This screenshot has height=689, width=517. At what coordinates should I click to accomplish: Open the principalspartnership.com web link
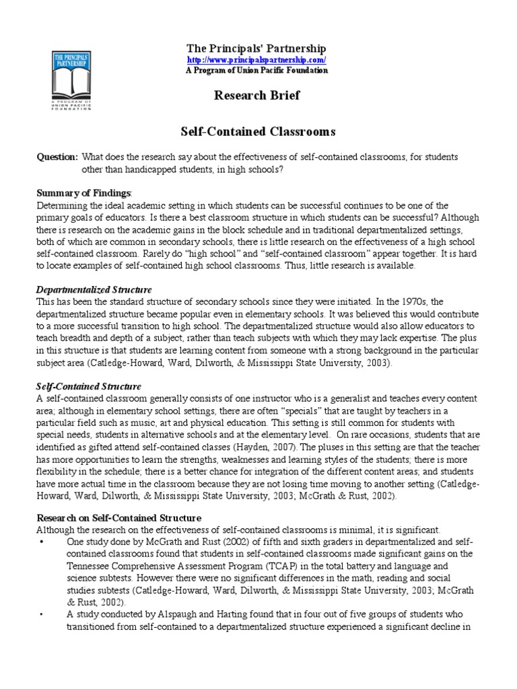click(x=256, y=60)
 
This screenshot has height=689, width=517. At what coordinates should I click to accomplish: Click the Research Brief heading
click(x=256, y=96)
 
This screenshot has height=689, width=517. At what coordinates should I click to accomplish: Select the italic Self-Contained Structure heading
click(x=88, y=386)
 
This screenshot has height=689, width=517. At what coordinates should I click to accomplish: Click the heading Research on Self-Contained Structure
click(x=118, y=517)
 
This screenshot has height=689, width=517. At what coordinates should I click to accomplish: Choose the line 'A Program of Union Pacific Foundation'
click(x=256, y=71)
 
